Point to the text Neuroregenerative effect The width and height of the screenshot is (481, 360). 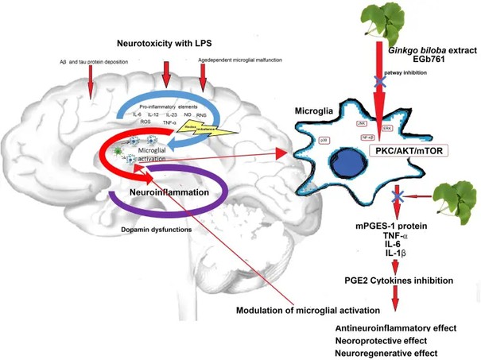[x=387, y=352]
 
